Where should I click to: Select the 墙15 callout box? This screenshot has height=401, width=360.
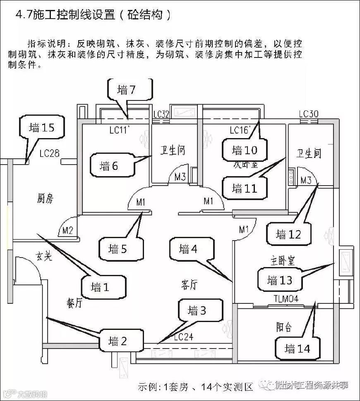pyautogui.click(x=42, y=127)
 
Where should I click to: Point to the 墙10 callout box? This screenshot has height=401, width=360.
pyautogui.click(x=244, y=150)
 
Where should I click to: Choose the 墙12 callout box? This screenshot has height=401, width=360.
pyautogui.click(x=288, y=234)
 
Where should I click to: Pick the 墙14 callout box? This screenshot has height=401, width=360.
pyautogui.click(x=298, y=348)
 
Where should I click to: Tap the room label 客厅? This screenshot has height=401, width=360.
pyautogui.click(x=189, y=284)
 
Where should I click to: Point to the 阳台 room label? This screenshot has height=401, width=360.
pyautogui.click(x=284, y=327)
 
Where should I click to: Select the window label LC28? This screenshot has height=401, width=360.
pyautogui.click(x=50, y=154)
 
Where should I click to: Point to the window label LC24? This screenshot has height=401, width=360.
pyautogui.click(x=184, y=337)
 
